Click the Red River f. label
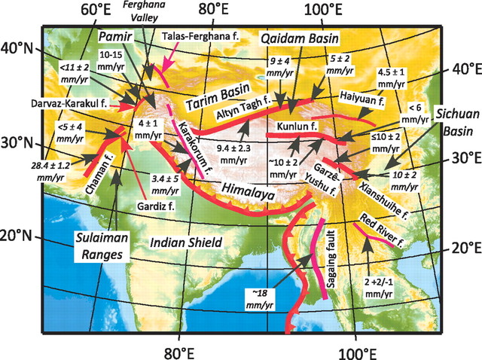(x=385, y=223)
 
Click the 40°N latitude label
(x=20, y=49)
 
